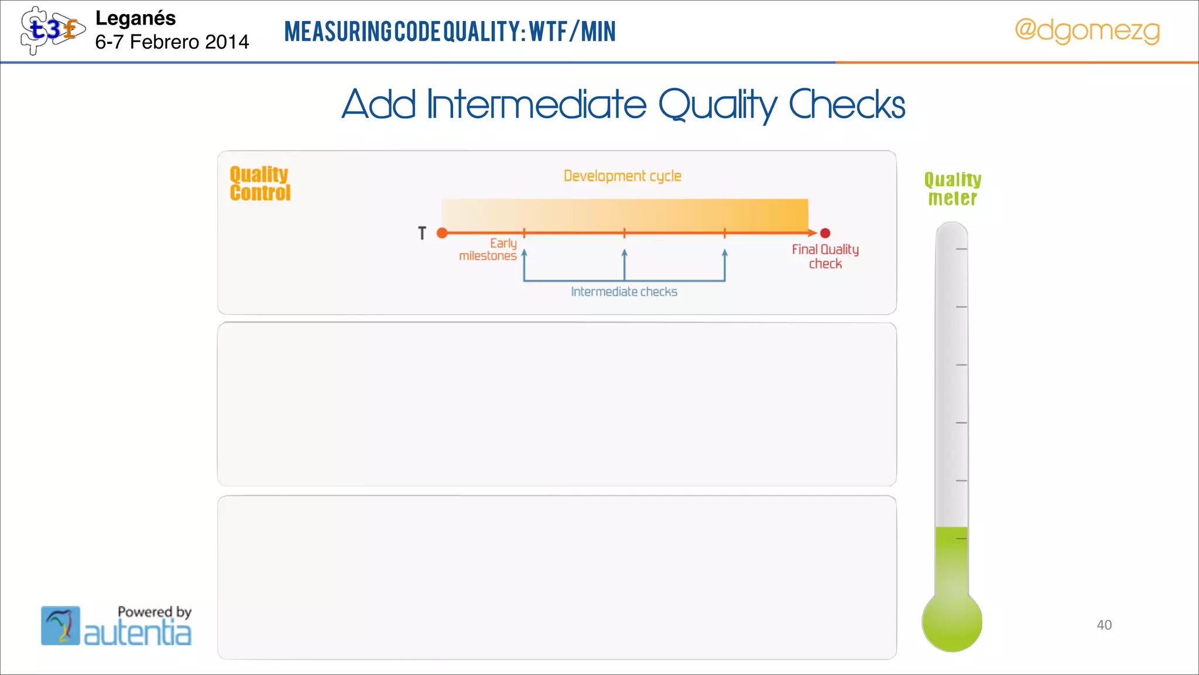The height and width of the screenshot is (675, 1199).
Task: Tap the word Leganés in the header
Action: (x=135, y=18)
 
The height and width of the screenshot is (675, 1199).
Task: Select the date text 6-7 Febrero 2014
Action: (x=172, y=42)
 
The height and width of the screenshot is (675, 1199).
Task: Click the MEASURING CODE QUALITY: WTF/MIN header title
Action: (x=450, y=32)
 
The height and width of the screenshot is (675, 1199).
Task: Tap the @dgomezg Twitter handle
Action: (x=1087, y=30)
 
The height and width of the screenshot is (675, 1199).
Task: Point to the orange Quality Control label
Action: (x=259, y=183)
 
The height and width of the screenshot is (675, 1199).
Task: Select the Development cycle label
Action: (x=622, y=176)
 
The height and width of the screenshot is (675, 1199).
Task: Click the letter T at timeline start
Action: (x=422, y=233)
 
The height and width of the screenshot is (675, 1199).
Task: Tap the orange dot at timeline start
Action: (x=443, y=233)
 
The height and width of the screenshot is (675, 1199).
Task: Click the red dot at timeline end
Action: (x=825, y=233)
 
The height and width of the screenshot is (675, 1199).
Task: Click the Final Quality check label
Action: (x=825, y=257)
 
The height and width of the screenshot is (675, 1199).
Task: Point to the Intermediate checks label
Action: (x=624, y=292)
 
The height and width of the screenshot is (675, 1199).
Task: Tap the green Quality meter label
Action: (x=953, y=189)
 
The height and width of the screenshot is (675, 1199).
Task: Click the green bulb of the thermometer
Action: (x=952, y=622)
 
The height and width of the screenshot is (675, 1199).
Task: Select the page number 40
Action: (x=1104, y=625)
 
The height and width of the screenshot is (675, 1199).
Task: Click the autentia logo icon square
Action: (x=60, y=626)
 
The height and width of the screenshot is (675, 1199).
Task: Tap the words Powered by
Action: (x=155, y=612)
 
